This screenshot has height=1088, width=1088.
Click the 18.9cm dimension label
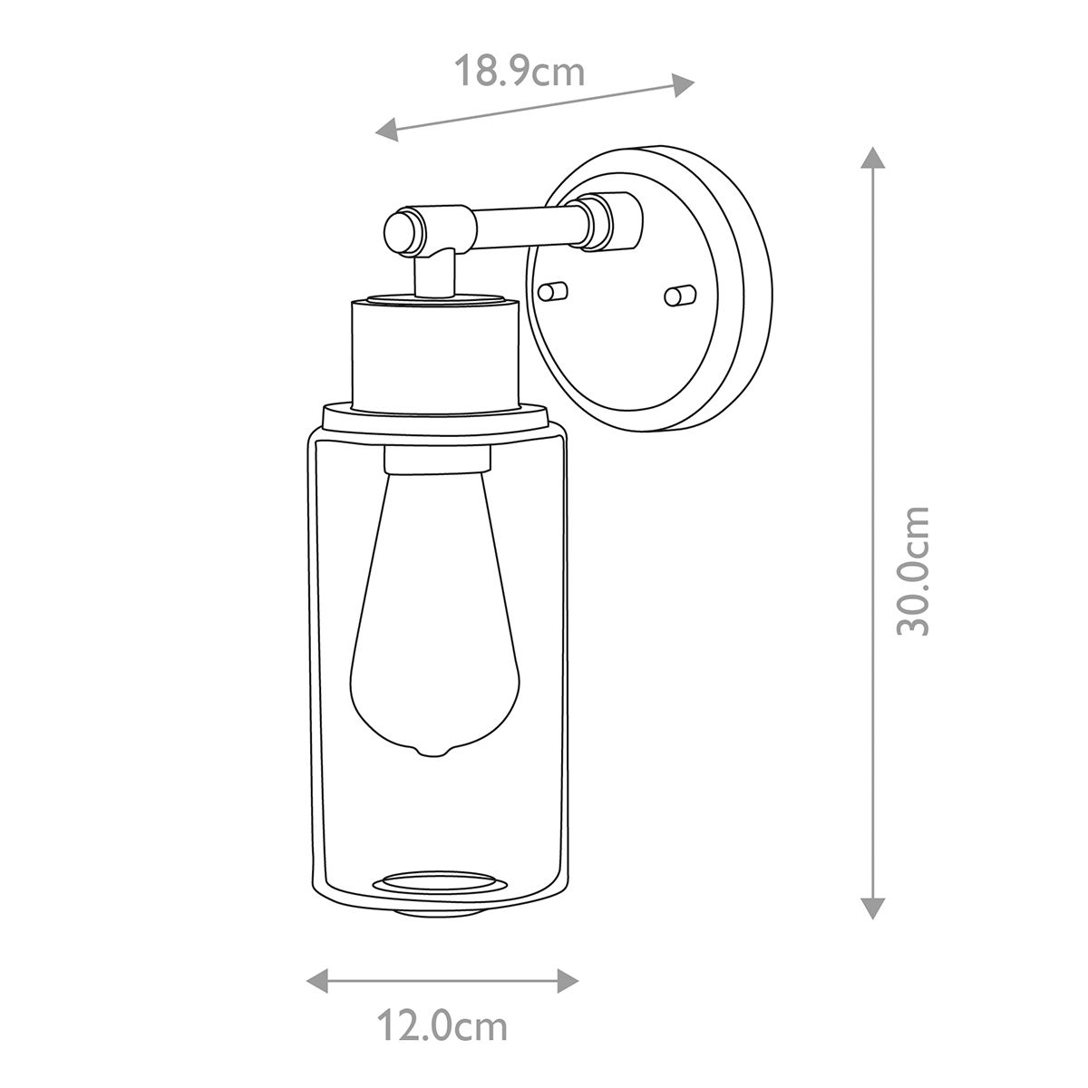[x=519, y=71]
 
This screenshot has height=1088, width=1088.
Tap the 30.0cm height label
[x=913, y=570]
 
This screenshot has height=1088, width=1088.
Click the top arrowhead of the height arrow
[x=871, y=157]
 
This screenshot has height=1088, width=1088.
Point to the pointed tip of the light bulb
[x=432, y=753]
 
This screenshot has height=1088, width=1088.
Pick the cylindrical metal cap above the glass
[x=433, y=353]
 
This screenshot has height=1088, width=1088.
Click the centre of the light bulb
[x=433, y=617]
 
